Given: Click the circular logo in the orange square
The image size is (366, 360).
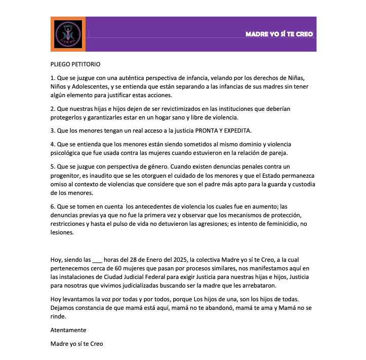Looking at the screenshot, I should click(x=68, y=34).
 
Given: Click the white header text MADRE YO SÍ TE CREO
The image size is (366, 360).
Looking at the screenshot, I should click(x=279, y=34).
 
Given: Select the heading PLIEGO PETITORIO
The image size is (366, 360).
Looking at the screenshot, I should click(x=75, y=64).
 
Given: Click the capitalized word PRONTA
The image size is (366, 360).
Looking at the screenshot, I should click(x=194, y=131).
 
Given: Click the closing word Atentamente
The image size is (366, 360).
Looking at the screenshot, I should click(x=68, y=330).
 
